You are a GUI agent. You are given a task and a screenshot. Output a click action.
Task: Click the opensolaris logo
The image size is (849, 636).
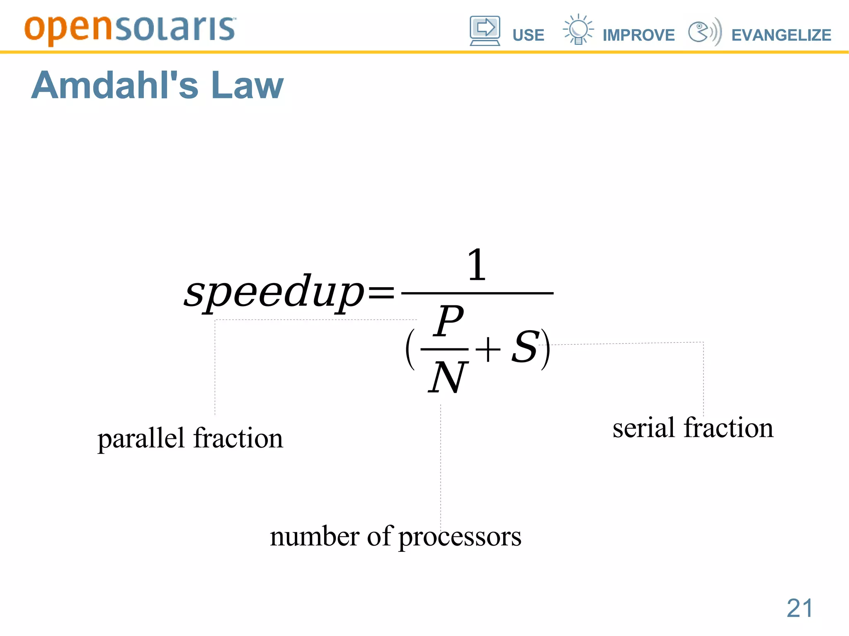point(130,29)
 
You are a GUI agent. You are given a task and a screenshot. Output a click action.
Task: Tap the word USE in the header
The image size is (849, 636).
point(528,35)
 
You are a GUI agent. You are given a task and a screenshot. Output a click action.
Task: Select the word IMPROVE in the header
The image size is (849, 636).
point(638,35)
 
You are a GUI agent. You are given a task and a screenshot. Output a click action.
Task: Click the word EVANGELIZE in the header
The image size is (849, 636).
point(781,35)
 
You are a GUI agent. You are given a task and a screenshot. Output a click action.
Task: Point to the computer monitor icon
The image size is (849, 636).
point(485,30)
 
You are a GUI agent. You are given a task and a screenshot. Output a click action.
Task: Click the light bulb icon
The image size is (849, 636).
point(578,29)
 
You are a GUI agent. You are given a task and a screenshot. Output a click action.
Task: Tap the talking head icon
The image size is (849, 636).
point(704,31)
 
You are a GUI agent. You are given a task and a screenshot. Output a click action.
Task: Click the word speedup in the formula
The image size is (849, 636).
point(274,292)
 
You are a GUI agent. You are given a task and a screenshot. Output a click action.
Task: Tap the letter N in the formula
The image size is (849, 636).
point(448,377)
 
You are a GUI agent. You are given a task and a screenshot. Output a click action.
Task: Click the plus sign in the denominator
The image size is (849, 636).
point(488,349)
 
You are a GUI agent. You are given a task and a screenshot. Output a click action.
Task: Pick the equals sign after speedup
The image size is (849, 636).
point(381,292)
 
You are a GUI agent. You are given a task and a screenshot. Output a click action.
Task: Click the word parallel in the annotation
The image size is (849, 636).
point(141,438)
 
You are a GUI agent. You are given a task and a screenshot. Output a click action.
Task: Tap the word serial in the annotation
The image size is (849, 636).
point(644,428)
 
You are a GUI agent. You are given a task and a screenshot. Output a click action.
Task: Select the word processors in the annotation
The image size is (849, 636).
point(460,537)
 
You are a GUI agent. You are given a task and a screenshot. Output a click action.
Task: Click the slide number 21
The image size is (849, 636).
point(800,608)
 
